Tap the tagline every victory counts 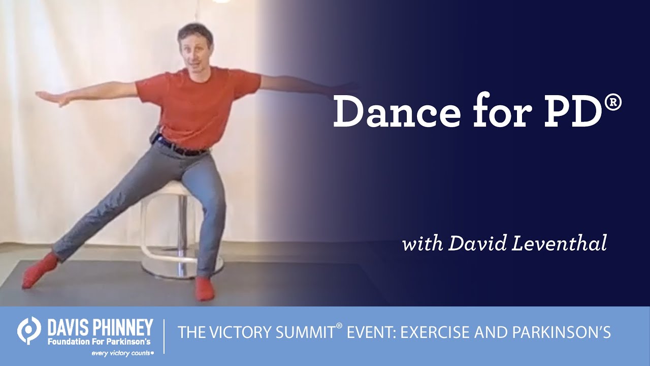click(x=122, y=352)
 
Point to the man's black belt click(x=183, y=148)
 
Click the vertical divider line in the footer click(x=164, y=335)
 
